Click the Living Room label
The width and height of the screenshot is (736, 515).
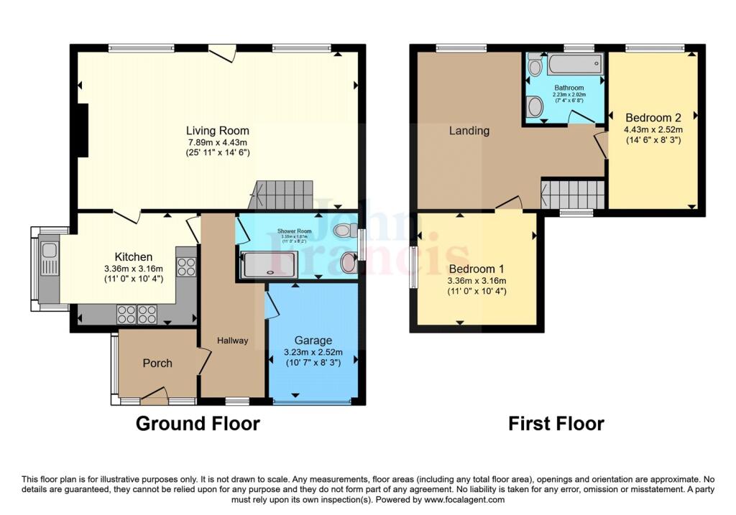tap(218, 131)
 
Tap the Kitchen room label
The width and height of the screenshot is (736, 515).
tap(134, 256)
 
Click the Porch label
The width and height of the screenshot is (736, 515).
tap(157, 363)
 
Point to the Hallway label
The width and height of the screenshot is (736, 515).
tap(232, 340)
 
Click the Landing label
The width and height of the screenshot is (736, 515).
tap(469, 131)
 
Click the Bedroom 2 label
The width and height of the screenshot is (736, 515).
tap(653, 117)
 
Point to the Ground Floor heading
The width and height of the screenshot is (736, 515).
tap(198, 423)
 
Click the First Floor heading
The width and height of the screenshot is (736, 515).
tap(556, 423)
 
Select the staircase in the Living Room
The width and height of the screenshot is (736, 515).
tap(282, 195)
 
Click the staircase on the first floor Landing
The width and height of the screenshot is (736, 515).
tap(573, 195)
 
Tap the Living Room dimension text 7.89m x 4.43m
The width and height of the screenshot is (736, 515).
tap(218, 142)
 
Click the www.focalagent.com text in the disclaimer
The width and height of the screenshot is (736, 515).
tap(464, 500)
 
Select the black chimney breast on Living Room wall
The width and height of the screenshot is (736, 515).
tap(83, 130)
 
